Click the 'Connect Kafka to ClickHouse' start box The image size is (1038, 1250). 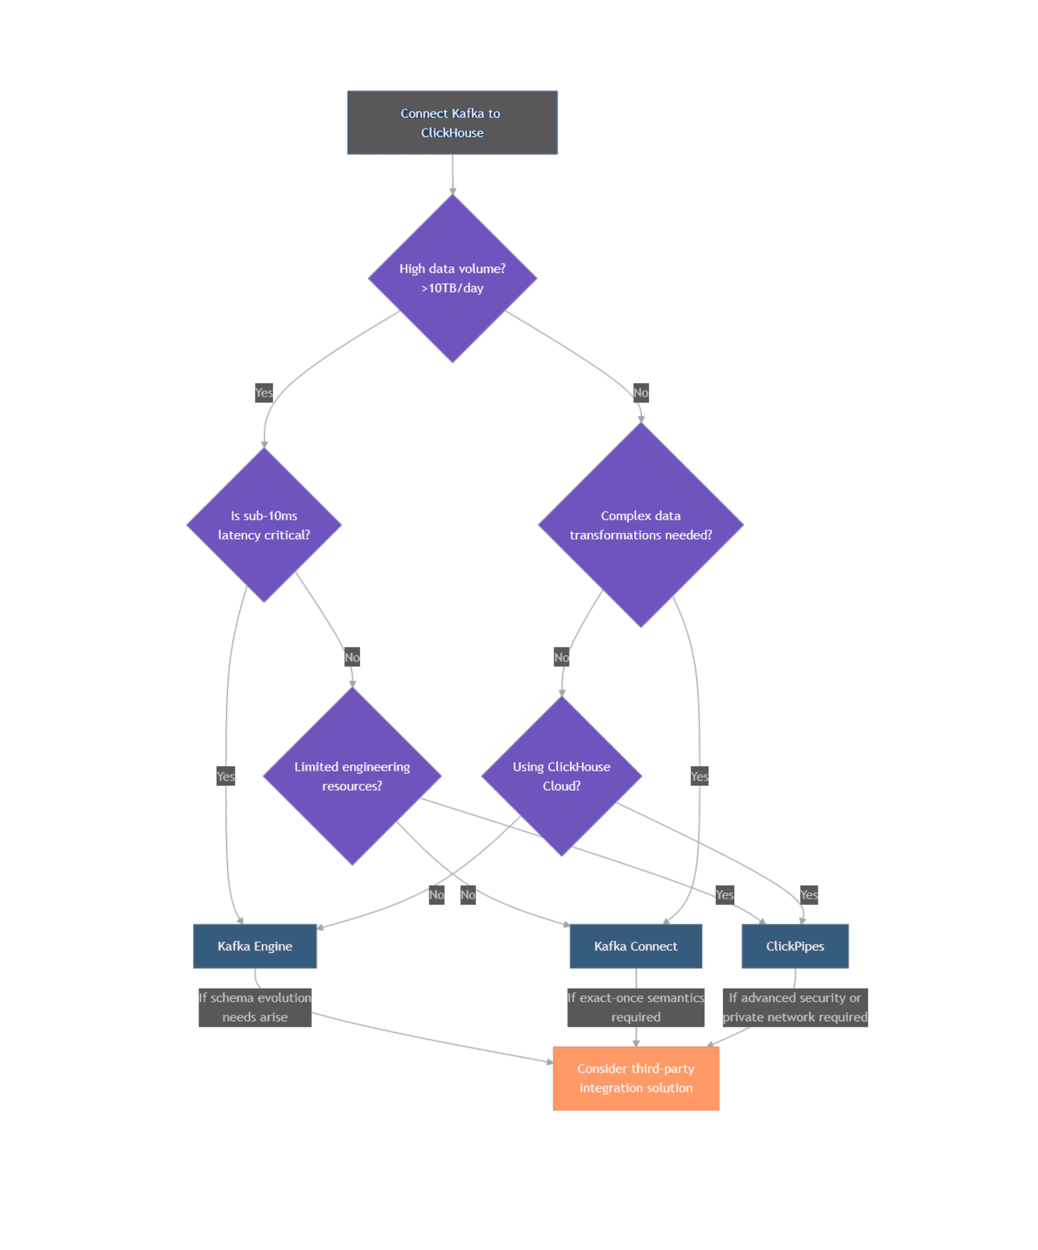[x=452, y=123]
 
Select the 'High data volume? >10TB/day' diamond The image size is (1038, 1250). [x=452, y=278]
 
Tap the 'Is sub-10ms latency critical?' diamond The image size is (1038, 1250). [x=264, y=525]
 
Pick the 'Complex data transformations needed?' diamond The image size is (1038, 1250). [x=641, y=525]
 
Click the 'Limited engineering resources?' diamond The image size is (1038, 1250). [x=352, y=776]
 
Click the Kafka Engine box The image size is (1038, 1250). [x=255, y=946]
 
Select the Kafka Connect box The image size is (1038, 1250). [x=635, y=946]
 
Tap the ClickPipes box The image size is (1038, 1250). [x=795, y=946]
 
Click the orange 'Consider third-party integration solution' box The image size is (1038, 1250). [x=635, y=1078]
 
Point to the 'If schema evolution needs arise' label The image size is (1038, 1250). [x=255, y=1007]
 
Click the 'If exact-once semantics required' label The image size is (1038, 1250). [x=635, y=1007]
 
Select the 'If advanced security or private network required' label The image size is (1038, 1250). [x=795, y=1007]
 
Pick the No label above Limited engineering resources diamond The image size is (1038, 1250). [x=352, y=657]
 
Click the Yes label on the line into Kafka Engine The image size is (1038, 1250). [x=226, y=776]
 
